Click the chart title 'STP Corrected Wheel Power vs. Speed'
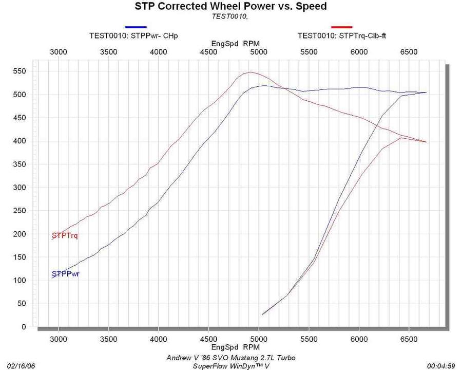click(x=230, y=7)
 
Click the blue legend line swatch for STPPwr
click(x=136, y=27)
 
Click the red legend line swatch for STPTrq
click(x=342, y=27)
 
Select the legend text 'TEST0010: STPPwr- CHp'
click(x=137, y=35)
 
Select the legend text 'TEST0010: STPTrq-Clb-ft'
click(x=342, y=35)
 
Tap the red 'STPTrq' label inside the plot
click(x=68, y=235)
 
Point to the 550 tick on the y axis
click(x=20, y=71)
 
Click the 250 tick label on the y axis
click(x=20, y=211)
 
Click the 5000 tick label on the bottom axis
click(x=259, y=339)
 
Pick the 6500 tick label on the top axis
click(x=409, y=52)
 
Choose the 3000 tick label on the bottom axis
click(x=59, y=339)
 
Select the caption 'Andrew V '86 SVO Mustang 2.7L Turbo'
click(x=231, y=358)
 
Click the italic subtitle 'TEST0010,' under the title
click(x=230, y=16)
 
